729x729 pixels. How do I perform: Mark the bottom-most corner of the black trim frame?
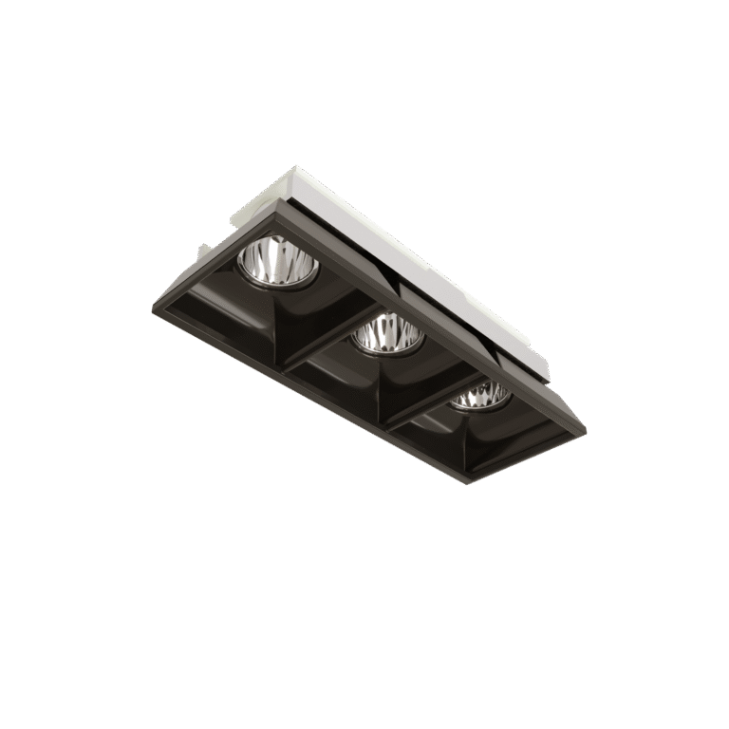tap(464, 482)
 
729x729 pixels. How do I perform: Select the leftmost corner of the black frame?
tap(152, 311)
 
